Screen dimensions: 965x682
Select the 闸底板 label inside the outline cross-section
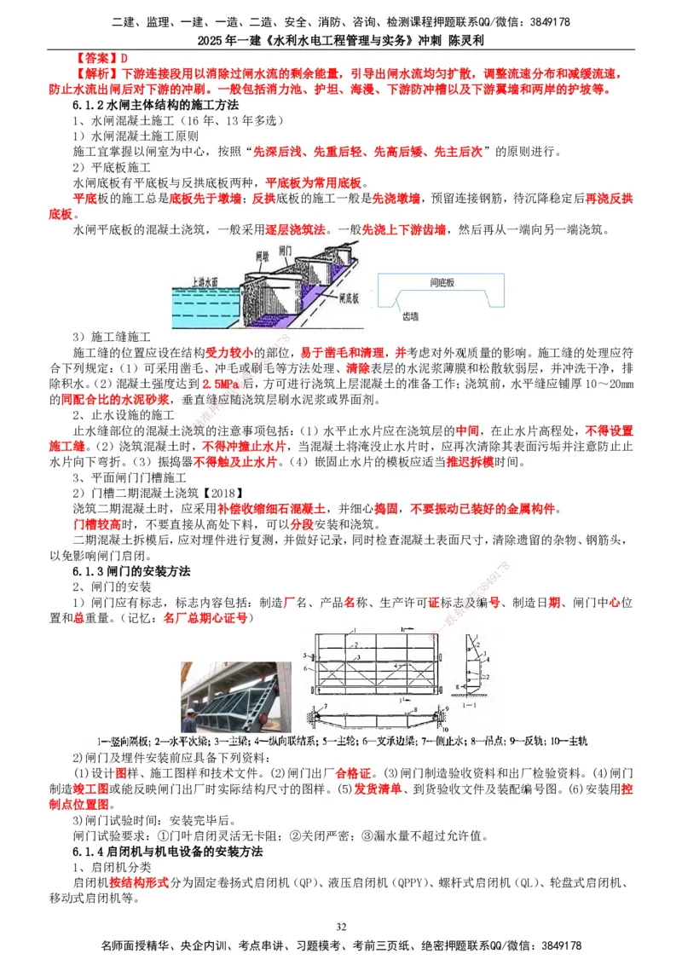click(x=442, y=282)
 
